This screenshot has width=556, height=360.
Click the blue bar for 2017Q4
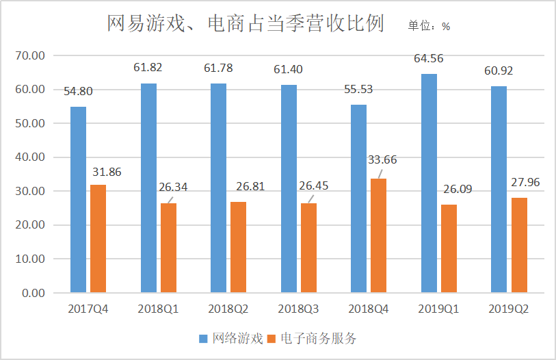79,200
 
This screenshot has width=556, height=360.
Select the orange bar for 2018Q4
378,235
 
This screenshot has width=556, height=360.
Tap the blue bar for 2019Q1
429,183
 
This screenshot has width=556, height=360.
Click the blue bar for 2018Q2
219,188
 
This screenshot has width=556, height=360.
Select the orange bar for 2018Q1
168,248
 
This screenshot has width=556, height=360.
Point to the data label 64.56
429,58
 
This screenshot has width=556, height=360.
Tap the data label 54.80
79,91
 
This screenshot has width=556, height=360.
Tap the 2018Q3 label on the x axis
299,309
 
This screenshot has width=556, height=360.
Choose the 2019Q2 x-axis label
509,309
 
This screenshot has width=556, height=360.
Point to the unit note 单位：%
429,26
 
